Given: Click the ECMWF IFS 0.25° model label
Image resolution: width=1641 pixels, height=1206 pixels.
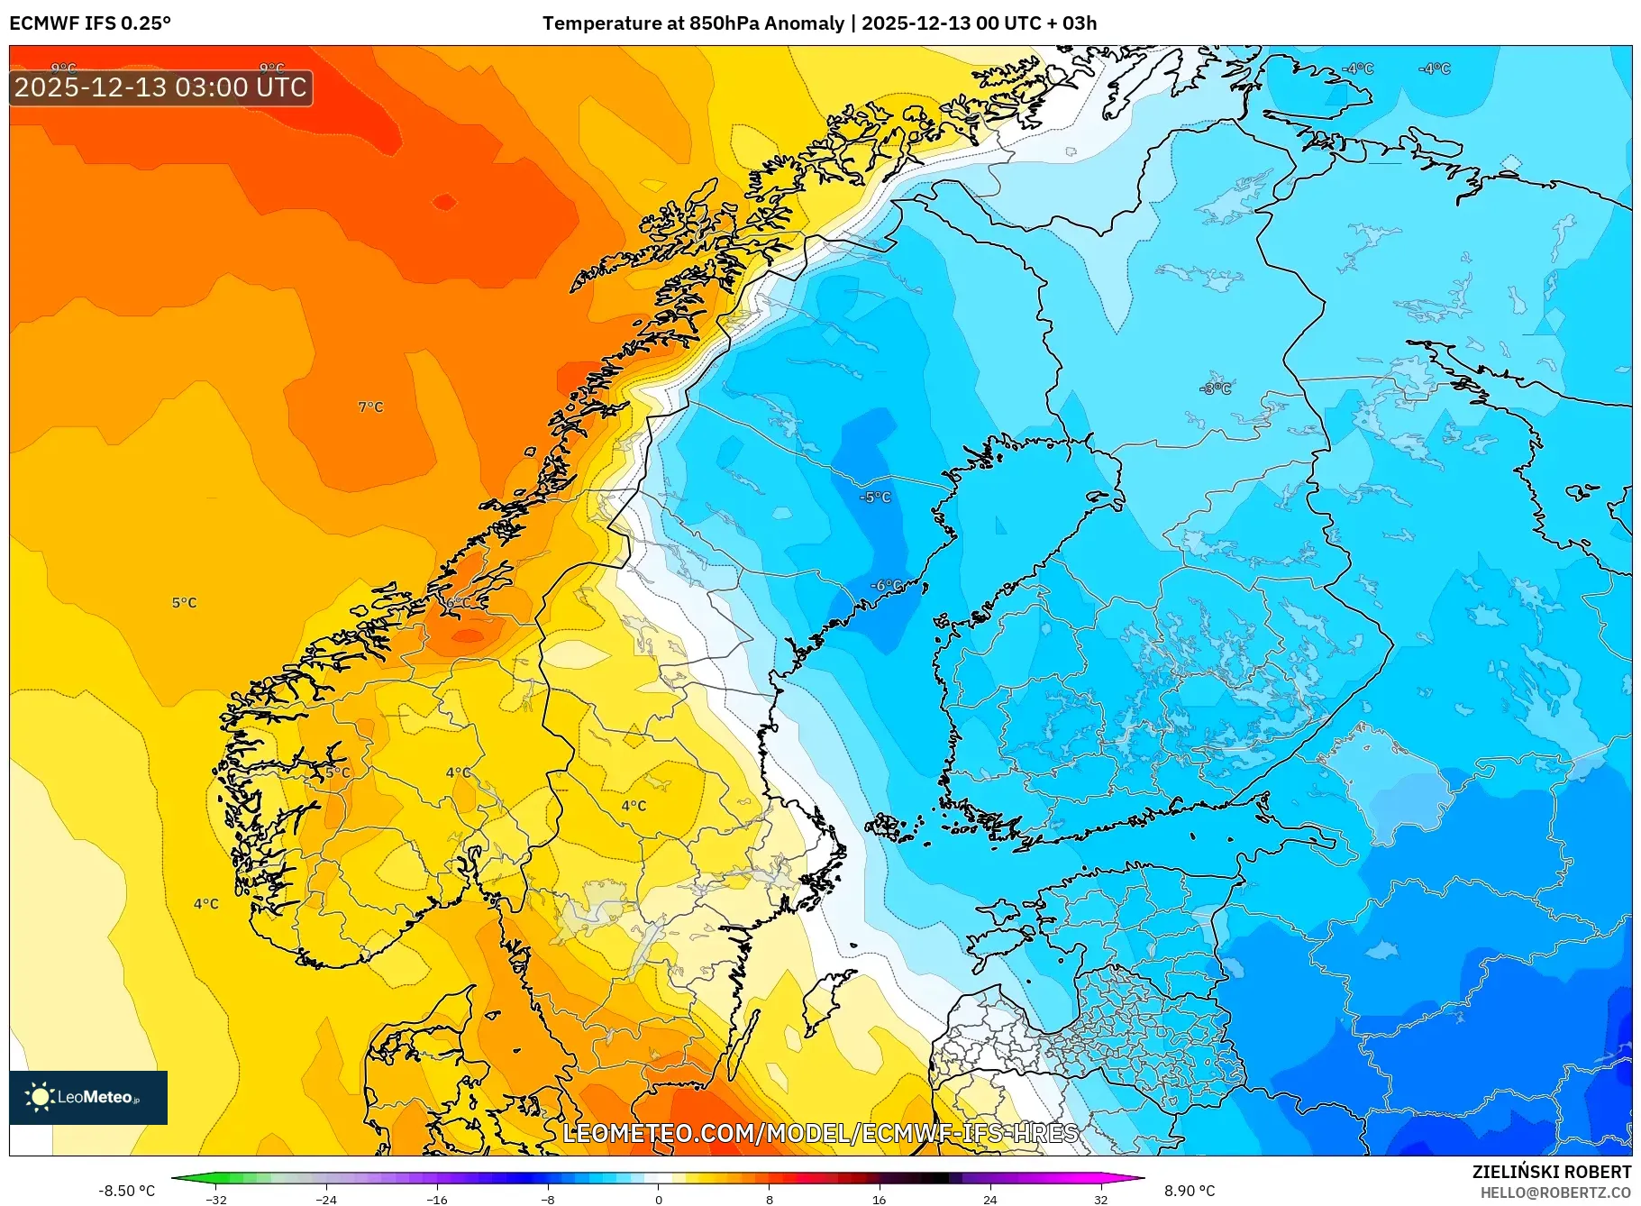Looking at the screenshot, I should tap(90, 23).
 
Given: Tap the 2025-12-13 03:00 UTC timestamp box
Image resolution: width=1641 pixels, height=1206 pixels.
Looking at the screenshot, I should tap(161, 87).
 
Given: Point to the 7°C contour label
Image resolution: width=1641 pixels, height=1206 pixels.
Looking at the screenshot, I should tap(370, 407).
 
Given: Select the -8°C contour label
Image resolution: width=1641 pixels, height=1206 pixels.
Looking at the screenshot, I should tap(1216, 388).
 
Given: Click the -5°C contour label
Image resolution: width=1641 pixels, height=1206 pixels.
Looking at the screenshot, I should tap(875, 498).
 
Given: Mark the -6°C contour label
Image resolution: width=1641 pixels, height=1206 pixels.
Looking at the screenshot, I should tap(887, 586).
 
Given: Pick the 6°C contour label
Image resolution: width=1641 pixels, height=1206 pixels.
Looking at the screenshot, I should tap(458, 602).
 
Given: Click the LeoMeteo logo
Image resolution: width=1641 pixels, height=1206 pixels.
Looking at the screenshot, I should tap(88, 1097).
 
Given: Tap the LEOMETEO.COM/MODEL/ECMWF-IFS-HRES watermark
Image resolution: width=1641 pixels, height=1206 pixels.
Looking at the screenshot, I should tap(820, 1133).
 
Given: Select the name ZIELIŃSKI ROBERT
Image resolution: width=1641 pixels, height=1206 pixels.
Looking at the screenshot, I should tap(1551, 1172).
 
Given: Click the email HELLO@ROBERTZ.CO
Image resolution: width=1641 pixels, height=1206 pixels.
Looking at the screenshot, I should tap(1555, 1192).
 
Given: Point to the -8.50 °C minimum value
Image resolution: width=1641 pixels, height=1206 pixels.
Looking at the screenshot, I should tap(127, 1191).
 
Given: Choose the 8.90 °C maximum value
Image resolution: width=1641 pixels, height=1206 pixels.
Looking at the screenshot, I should tap(1190, 1191).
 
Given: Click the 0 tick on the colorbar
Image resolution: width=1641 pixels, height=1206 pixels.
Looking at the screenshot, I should tap(659, 1200).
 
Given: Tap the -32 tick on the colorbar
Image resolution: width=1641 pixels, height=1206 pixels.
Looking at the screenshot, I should tap(216, 1200).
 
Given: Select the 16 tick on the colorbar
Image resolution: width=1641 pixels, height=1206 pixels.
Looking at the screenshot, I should tap(880, 1200).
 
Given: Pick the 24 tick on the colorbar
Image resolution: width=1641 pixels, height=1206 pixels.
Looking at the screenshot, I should tap(989, 1200).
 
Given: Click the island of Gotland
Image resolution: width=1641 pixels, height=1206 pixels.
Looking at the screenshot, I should tap(827, 1000).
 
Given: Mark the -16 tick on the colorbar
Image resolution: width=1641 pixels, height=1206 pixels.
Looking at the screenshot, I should tap(437, 1200).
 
